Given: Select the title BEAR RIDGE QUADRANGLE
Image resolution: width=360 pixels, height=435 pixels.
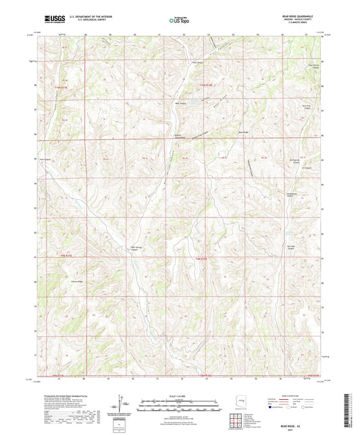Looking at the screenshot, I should (x=297, y=17).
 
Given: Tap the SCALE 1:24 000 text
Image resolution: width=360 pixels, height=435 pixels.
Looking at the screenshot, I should (x=179, y=395).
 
